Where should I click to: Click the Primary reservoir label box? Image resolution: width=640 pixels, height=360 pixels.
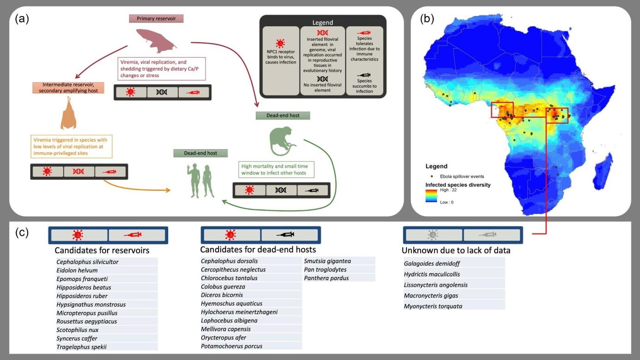tap(156, 18)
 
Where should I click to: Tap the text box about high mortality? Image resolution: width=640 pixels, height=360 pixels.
tap(276, 169)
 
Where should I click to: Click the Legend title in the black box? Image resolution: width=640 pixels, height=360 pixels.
tap(322, 22)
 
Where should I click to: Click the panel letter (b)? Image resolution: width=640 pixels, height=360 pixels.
tap(427, 19)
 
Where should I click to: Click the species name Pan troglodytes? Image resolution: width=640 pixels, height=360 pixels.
tap(325, 270)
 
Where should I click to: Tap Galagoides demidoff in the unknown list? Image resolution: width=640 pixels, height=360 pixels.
tap(432, 264)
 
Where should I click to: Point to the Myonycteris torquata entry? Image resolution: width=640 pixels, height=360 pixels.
tap(433, 306)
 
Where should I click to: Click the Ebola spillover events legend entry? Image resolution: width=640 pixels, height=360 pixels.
tap(458, 176)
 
